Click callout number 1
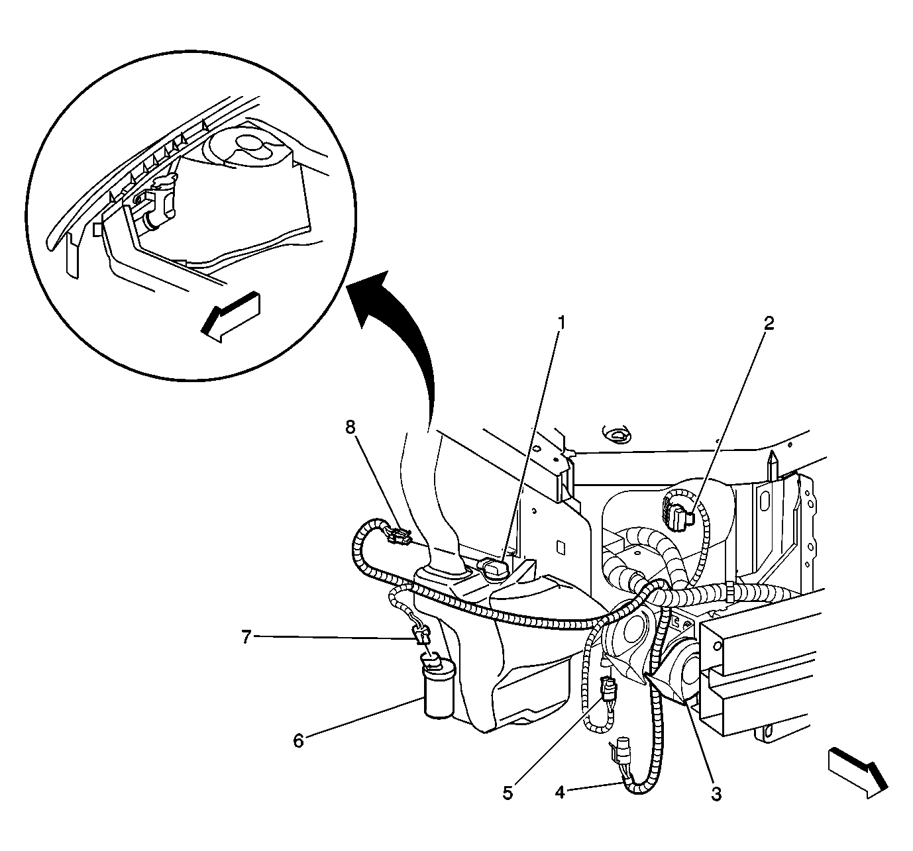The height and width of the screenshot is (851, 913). (561, 323)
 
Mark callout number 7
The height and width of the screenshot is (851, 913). (246, 637)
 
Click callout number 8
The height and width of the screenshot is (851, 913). (350, 428)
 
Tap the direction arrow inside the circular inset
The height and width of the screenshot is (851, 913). (231, 317)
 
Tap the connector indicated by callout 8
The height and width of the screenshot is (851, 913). (398, 536)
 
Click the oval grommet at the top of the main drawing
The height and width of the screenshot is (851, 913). (616, 433)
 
